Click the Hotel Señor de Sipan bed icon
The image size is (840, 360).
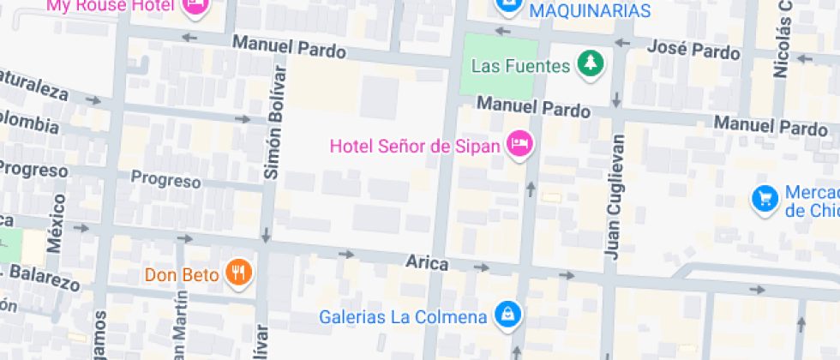[x=519, y=144]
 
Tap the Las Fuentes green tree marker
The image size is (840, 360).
[x=590, y=63]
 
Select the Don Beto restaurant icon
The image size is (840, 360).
[x=238, y=273]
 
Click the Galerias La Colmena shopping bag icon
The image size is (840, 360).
[x=508, y=315]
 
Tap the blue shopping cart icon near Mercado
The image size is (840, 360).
[x=764, y=199]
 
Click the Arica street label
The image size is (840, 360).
[x=427, y=263]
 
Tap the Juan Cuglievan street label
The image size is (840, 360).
[x=613, y=195]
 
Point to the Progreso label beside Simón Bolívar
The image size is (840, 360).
[x=165, y=180]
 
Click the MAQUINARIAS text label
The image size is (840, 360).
[x=591, y=10]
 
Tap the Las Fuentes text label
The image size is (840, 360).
[x=520, y=65]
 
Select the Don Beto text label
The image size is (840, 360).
[x=183, y=275]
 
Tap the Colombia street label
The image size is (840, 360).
[x=30, y=123]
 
